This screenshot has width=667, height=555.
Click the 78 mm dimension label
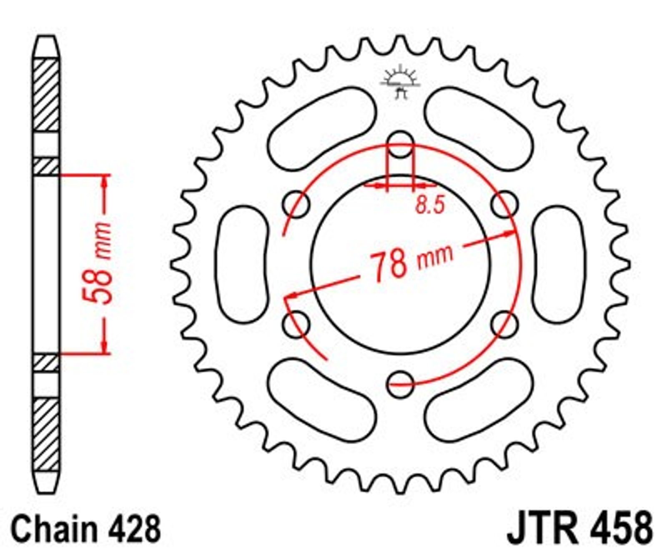point(411,262)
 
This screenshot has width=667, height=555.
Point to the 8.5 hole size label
point(430,206)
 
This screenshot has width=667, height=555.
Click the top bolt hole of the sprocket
point(400,145)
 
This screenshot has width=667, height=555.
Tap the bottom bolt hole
point(400,384)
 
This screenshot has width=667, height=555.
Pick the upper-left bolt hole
point(296,205)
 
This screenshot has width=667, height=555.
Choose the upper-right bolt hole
point(504,205)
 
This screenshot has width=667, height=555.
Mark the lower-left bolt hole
point(296,324)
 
